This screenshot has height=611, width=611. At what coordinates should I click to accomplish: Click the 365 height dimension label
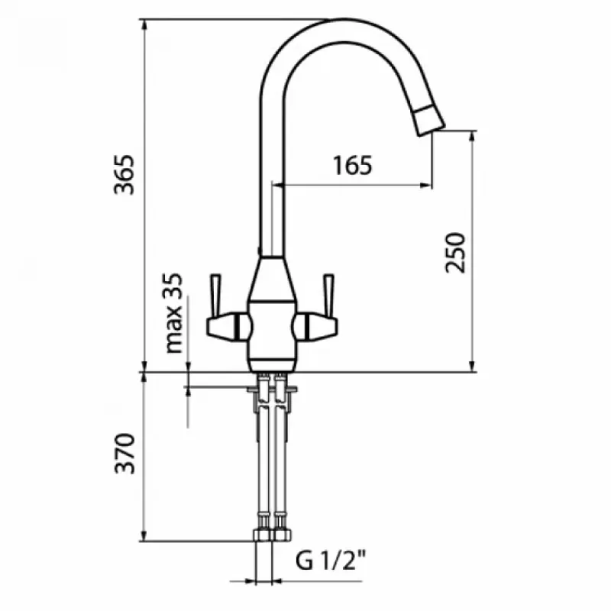(x=124, y=175)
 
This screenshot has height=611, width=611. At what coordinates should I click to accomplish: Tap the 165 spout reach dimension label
(x=353, y=165)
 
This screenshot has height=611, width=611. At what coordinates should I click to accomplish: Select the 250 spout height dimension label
(x=455, y=253)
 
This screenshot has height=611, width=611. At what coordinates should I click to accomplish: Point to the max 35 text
(x=173, y=313)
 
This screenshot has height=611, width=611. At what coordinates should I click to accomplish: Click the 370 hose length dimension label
(x=124, y=453)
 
